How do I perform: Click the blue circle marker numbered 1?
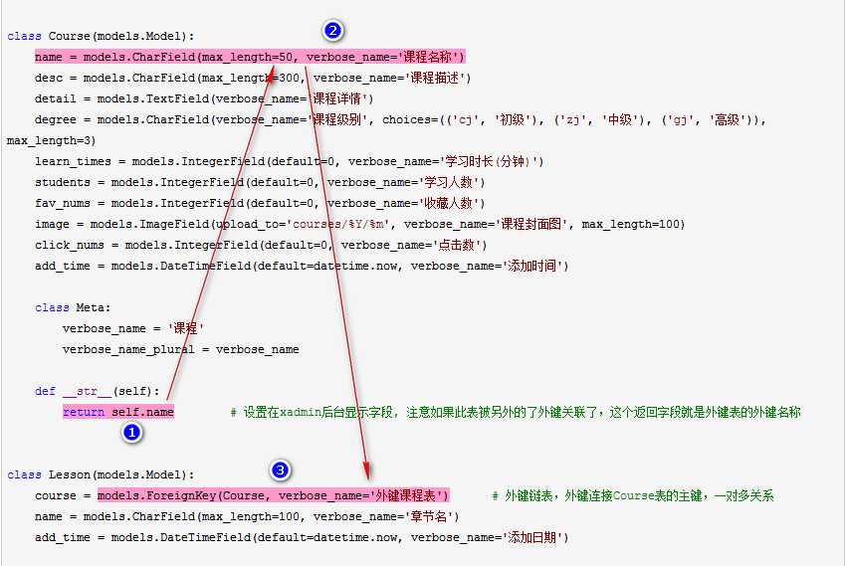(x=131, y=432)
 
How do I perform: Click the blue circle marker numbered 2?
(x=333, y=31)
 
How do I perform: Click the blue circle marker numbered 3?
(x=281, y=470)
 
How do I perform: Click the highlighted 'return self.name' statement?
(x=118, y=411)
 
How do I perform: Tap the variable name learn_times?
(x=73, y=161)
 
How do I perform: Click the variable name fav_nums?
(x=63, y=203)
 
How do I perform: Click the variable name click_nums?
(x=70, y=245)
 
